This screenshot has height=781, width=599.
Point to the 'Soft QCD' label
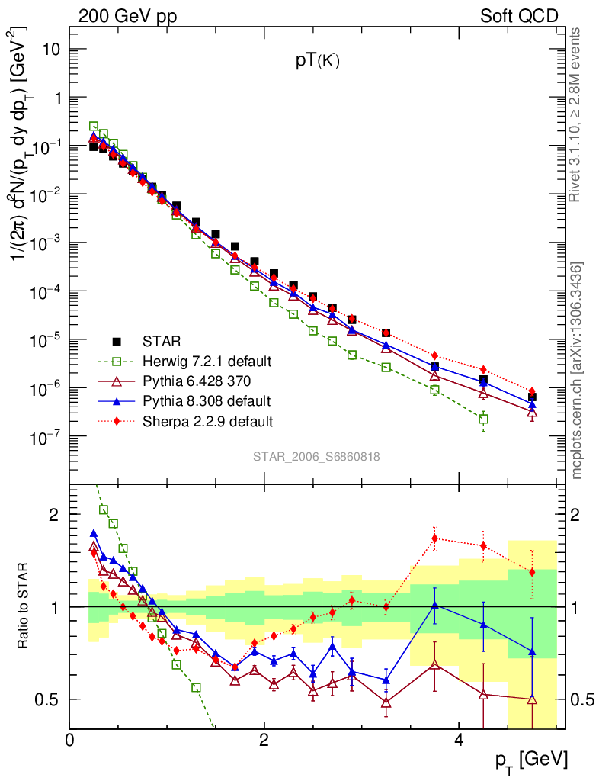coord(519,16)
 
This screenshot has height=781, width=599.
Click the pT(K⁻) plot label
coord(317,63)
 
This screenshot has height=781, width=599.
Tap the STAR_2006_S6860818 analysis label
coord(316,457)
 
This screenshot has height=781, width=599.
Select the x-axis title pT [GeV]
coord(531,759)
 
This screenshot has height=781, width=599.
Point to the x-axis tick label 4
coord(458,740)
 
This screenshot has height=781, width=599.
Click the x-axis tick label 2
coord(264,740)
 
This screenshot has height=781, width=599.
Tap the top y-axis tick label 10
coord(47,50)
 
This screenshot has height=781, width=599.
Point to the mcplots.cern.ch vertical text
coord(577,371)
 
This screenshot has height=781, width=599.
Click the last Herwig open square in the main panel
coord(483,419)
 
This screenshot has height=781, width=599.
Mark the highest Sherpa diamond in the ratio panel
coord(434,538)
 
